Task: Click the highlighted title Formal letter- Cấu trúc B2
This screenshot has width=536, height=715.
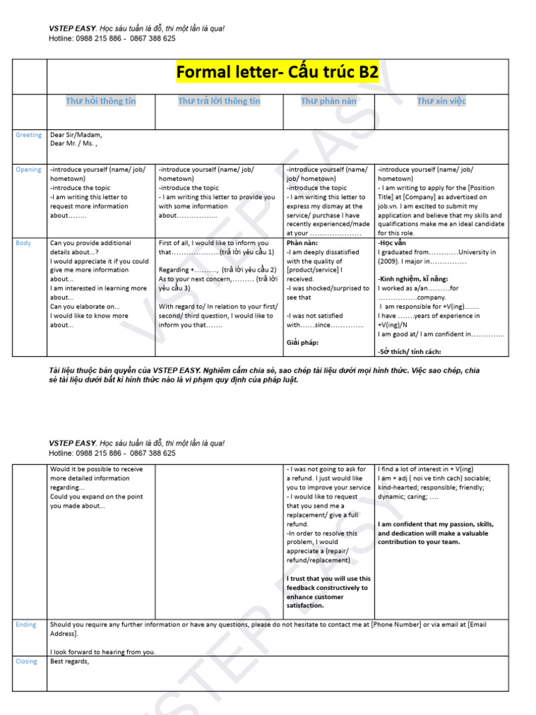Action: pos(277,73)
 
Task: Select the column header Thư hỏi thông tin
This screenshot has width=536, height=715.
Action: pos(100,101)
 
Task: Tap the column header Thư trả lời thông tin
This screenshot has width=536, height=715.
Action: pos(218,101)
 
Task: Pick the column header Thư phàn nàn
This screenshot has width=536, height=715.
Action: pos(328,101)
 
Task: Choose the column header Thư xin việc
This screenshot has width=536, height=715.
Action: pos(441,101)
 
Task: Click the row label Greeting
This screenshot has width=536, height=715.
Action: pos(29,135)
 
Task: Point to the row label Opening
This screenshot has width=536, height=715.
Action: pos(29,170)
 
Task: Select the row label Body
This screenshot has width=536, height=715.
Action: pos(23,243)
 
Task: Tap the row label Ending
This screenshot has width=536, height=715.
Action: pos(26,624)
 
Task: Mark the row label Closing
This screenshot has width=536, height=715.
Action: pos(27,661)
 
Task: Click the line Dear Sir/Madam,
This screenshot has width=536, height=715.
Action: pos(75,135)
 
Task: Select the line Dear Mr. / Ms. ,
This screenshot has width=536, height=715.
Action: pos(73,144)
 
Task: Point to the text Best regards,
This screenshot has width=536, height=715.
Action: pos(70,661)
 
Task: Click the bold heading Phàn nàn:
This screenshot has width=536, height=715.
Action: pos(302,243)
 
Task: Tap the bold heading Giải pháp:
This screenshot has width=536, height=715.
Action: pos(302,343)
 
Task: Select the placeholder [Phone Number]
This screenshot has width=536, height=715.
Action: pos(396,624)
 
